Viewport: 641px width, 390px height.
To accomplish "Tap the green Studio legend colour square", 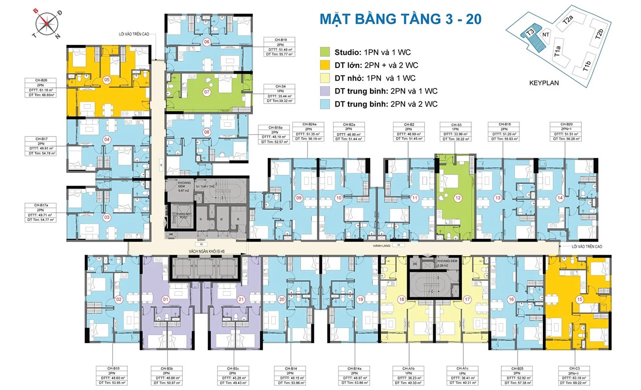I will tap(326, 52).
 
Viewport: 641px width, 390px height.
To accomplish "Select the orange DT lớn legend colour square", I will tap(326, 65).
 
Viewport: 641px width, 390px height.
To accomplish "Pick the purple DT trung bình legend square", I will tap(326, 91).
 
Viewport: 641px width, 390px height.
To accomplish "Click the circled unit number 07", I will tap(207, 92).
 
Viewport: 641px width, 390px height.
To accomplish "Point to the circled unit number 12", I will tap(457, 198).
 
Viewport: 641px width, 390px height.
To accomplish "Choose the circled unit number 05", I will tap(107, 79).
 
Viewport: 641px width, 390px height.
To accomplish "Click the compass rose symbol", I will tap(48, 22).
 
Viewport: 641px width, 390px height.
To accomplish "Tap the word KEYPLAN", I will tap(544, 83).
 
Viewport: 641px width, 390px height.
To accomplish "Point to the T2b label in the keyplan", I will tap(599, 34).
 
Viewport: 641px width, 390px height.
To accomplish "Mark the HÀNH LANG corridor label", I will tap(382, 245).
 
